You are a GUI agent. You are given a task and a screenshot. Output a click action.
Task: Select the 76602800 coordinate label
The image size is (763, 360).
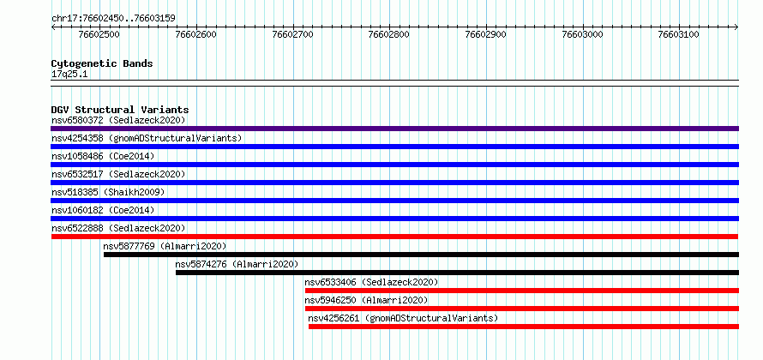389,34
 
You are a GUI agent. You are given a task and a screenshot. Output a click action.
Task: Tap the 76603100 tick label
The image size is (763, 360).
679,34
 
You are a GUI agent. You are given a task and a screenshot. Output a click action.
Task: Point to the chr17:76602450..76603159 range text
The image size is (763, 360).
113,19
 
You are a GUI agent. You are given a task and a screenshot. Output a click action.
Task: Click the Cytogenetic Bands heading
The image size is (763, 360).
102,63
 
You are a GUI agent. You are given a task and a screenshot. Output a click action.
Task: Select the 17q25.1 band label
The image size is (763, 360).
69,75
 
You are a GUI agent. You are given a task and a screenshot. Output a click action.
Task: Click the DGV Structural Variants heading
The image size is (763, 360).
120,110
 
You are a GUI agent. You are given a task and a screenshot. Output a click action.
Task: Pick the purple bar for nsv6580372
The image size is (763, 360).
394,129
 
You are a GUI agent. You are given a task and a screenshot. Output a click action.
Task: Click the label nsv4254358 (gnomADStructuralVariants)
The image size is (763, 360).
147,138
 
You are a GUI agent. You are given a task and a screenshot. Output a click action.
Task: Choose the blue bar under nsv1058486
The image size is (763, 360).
394,165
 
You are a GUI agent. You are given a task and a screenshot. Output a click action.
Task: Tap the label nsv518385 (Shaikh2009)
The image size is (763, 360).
108,192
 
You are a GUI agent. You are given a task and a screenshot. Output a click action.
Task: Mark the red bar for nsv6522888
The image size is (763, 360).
394,237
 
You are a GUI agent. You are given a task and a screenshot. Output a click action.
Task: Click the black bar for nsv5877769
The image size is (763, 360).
422,255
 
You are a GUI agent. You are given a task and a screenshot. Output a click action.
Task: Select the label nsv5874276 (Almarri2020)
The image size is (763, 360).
237,264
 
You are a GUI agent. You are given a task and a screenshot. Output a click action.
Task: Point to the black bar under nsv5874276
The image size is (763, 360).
458,273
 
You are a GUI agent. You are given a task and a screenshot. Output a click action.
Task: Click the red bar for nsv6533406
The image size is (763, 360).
522,291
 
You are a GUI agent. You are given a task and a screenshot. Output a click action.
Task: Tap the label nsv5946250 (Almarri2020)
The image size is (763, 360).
366,300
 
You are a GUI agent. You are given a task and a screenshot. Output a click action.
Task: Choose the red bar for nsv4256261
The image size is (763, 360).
524,327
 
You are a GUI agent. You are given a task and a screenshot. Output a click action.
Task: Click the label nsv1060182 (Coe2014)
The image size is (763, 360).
103,210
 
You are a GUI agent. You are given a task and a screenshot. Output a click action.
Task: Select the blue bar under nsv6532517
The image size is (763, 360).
394,183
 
